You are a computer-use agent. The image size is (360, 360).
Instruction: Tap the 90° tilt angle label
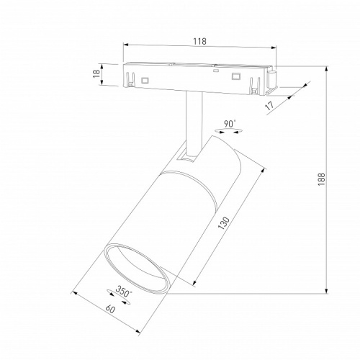coord(230,124)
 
